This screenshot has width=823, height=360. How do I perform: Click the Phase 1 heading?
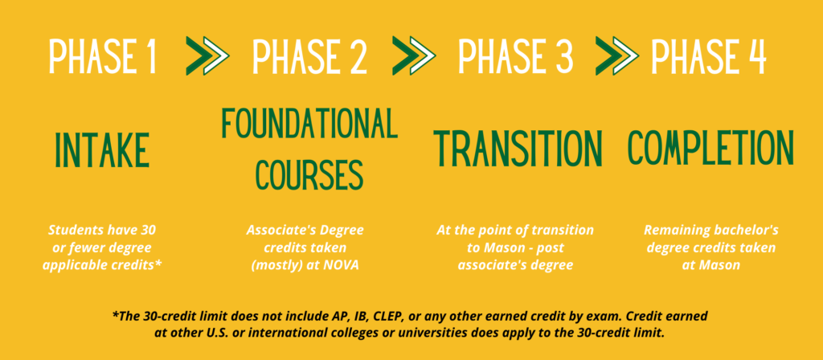click(x=101, y=57)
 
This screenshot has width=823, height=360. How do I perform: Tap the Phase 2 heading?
click(x=309, y=57)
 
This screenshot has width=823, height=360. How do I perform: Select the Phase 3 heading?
click(x=516, y=57)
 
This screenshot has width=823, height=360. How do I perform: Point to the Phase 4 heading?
click(x=708, y=57)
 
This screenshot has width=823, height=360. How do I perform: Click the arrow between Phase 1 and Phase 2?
click(x=207, y=57)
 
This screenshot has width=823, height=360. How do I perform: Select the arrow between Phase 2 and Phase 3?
click(x=411, y=57)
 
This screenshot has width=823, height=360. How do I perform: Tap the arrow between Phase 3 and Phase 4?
click(x=617, y=57)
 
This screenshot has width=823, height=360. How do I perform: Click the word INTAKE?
click(x=103, y=149)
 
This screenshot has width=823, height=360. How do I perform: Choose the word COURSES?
click(x=309, y=172)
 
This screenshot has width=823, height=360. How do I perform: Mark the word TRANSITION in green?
click(x=518, y=148)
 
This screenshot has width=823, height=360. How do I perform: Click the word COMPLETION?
click(x=710, y=148)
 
